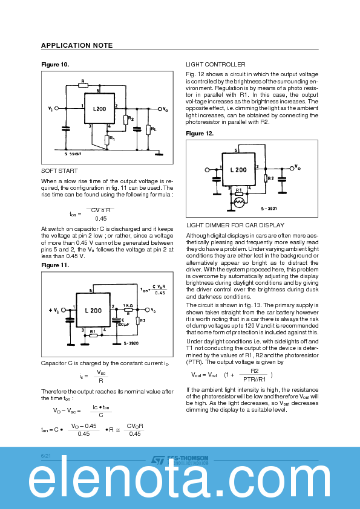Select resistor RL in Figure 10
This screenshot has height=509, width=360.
click(x=148, y=129)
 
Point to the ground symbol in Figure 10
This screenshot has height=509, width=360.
click(x=159, y=154)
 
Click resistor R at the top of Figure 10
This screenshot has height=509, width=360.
click(x=83, y=84)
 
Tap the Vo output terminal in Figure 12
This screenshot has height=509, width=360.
click(x=289, y=167)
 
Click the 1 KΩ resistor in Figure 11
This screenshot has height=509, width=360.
click(x=128, y=309)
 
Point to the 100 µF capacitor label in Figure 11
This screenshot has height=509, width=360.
click(x=123, y=325)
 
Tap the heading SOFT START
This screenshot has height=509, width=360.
click(x=59, y=171)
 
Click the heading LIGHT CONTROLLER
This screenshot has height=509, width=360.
click(x=215, y=64)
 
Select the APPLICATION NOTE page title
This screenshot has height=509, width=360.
click(x=76, y=45)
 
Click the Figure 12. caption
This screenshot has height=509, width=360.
click(x=200, y=133)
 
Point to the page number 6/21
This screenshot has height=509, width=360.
click(x=46, y=455)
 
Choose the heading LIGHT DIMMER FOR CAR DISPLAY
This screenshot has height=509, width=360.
click(x=235, y=225)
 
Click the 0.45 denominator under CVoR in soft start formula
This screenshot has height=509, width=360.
click(x=100, y=218)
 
